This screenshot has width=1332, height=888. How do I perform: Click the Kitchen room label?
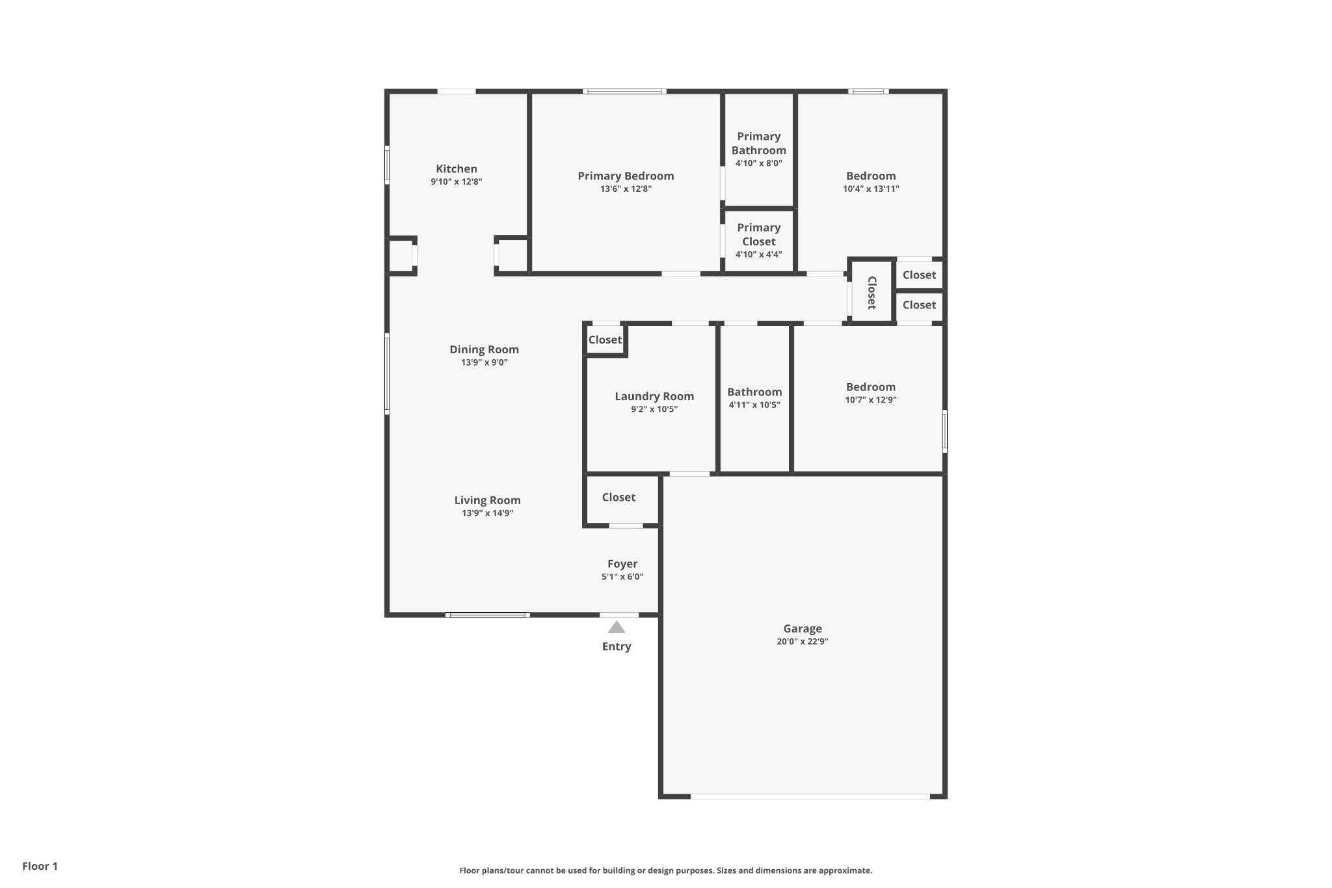pos(456,169)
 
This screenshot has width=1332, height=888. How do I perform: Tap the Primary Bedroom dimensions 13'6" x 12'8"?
pos(626,189)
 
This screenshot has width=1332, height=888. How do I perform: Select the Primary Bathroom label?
pos(758,143)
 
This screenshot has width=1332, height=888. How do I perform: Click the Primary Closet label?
pos(758,234)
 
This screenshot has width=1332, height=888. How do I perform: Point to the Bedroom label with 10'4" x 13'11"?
pos(870,176)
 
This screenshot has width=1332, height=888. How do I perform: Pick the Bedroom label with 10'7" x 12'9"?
pos(870,387)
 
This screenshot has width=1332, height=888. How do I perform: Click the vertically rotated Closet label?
pos(872,292)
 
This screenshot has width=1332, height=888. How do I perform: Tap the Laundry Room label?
pos(654,396)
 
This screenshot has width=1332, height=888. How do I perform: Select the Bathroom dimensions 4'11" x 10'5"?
pos(754,405)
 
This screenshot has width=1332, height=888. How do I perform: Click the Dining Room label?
pos(484,349)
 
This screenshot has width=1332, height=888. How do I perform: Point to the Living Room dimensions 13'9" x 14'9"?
pos(487,513)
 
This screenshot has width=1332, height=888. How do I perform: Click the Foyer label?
pos(622,564)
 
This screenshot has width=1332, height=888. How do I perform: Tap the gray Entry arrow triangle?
pos(617,628)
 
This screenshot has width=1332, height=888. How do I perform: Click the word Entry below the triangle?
pos(617,647)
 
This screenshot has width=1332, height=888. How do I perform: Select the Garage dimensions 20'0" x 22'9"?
pos(802,641)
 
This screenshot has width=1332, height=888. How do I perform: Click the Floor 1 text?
pos(40,866)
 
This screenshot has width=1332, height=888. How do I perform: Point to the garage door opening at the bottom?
pos(810,796)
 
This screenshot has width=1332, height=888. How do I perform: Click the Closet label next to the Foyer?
pos(619,498)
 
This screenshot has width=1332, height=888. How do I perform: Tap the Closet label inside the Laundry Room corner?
pos(605,340)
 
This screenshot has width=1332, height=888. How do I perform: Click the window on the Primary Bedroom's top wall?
pos(624,92)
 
